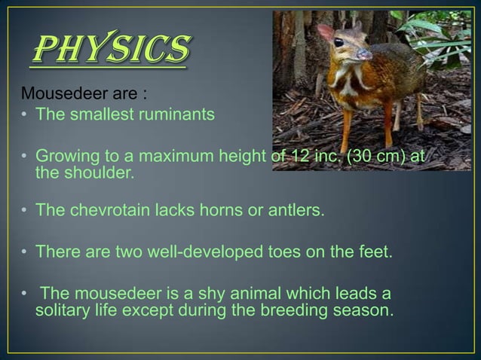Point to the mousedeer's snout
point(365,54)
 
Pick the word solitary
point(63,309)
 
